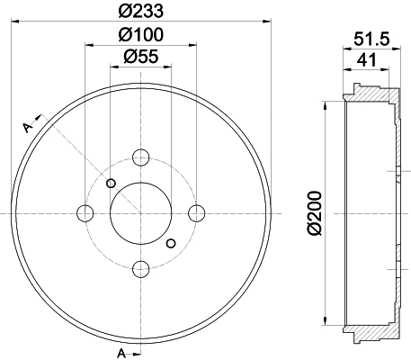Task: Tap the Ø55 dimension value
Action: pyautogui.click(x=140, y=57)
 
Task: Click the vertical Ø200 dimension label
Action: pyautogui.click(x=313, y=214)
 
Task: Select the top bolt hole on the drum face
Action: pyautogui.click(x=140, y=157)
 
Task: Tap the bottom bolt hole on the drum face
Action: pyautogui.click(x=140, y=268)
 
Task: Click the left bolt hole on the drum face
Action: pyautogui.click(x=85, y=213)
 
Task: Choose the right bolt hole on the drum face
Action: pyautogui.click(x=196, y=213)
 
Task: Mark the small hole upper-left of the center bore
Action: pyautogui.click(x=111, y=184)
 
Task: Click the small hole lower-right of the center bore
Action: pyautogui.click(x=171, y=242)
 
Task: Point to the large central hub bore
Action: pyautogui.click(x=140, y=213)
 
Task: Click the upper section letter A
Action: pyautogui.click(x=28, y=127)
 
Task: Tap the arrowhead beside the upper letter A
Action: pyautogui.click(x=39, y=115)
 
